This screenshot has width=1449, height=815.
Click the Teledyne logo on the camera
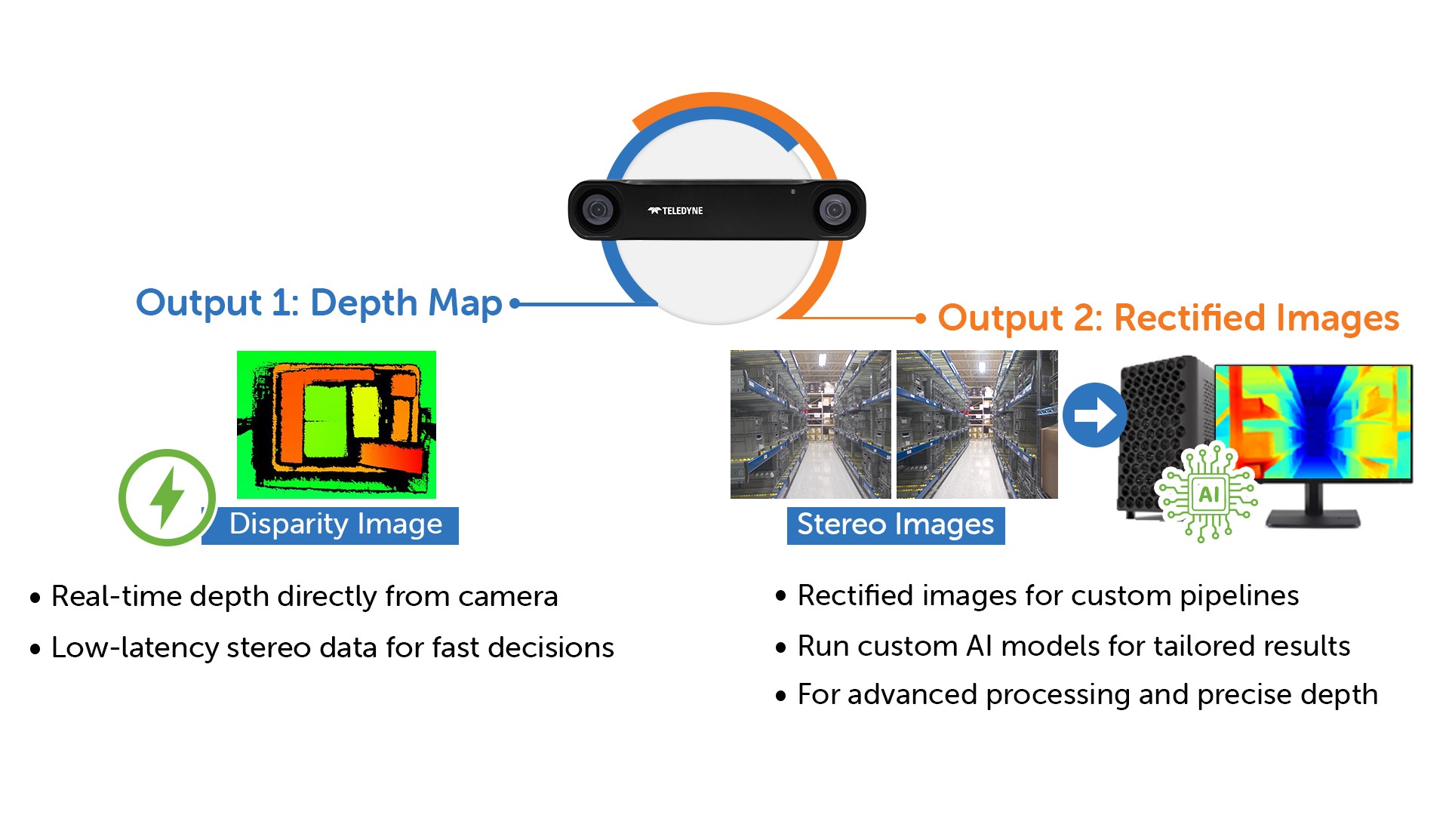(675, 211)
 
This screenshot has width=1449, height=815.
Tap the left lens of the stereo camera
(598, 209)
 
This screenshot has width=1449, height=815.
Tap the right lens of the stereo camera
(835, 209)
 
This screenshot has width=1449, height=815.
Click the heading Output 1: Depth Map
(318, 303)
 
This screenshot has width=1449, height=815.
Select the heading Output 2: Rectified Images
(1168, 318)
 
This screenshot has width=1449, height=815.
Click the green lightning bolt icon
(167, 497)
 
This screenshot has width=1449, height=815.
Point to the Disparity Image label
(336, 524)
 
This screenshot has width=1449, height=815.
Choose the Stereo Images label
(896, 524)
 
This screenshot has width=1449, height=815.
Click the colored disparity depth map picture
(337, 425)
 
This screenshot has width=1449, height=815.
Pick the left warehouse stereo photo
(811, 424)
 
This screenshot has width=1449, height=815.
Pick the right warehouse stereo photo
(977, 424)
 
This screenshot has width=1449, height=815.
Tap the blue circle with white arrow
(1095, 415)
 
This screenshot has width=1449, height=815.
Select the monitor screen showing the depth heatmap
(1313, 423)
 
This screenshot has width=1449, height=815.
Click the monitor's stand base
(1313, 518)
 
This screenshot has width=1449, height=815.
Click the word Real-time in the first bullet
(116, 596)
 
